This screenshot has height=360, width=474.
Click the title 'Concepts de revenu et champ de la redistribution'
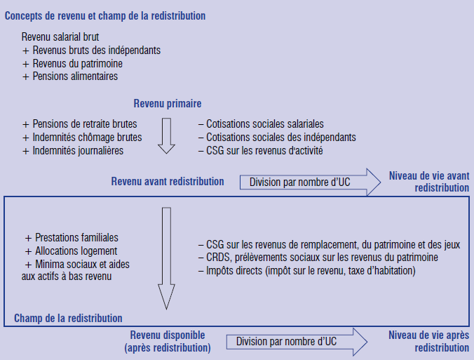click(x=105, y=16)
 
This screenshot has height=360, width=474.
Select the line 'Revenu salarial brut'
click(x=60, y=37)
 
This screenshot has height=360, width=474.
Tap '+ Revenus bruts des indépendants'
click(x=91, y=51)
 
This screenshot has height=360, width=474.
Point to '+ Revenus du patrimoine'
click(x=72, y=64)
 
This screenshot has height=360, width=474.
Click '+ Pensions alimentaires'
click(x=70, y=76)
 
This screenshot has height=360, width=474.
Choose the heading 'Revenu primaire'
click(x=168, y=103)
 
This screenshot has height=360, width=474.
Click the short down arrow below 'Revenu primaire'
click(x=167, y=136)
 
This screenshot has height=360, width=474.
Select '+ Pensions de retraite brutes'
click(x=79, y=124)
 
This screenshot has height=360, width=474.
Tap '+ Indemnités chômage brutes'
click(x=82, y=138)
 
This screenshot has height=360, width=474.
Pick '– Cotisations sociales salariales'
click(x=261, y=124)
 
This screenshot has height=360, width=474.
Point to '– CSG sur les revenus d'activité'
click(x=261, y=150)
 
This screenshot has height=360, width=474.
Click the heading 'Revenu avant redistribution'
click(x=168, y=182)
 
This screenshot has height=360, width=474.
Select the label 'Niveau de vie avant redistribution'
click(x=429, y=182)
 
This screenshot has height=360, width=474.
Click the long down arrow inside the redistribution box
click(x=167, y=258)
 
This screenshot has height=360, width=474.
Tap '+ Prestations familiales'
click(x=72, y=238)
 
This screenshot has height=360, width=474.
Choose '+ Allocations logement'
click(x=71, y=251)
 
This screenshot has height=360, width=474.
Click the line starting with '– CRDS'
click(x=318, y=257)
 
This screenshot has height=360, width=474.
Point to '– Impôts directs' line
click(x=307, y=270)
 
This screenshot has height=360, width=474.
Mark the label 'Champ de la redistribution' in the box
click(x=68, y=319)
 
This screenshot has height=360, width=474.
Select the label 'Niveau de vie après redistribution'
click(x=428, y=341)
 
